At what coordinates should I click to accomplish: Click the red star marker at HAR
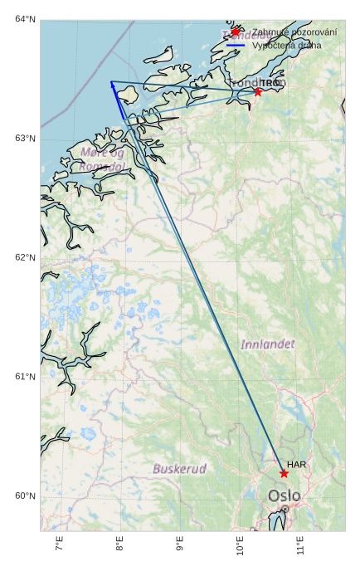coord(284,473)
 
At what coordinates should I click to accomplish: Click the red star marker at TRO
coord(258,91)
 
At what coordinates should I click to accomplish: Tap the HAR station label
coord(297,465)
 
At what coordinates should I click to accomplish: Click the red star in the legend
coord(236,32)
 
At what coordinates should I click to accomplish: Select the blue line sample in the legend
coord(236,46)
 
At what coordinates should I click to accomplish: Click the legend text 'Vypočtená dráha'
coord(286,46)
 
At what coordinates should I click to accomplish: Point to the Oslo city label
coord(284,496)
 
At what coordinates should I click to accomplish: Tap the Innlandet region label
coord(267,344)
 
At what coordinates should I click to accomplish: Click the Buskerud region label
coord(179,469)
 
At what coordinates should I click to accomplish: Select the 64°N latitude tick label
coord(25,19)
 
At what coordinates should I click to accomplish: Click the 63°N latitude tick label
coord(25,138)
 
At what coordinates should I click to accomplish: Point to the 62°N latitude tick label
coord(25,257)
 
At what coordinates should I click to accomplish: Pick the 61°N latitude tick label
coord(25,377)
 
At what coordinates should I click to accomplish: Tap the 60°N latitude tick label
coord(25,496)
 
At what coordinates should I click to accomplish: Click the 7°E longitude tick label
coord(59,545)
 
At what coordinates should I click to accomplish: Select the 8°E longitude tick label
coord(119,545)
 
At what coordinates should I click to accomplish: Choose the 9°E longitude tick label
coord(179,545)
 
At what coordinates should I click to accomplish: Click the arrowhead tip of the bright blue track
coord(111,81)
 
